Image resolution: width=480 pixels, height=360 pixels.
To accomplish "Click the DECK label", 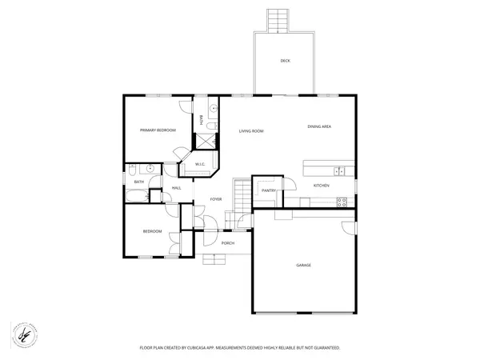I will [285, 62].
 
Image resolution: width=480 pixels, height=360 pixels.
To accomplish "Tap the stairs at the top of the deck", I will [278, 19].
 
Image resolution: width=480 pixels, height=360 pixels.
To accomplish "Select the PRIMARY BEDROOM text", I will [158, 130].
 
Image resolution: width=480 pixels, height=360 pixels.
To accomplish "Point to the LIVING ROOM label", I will [252, 131].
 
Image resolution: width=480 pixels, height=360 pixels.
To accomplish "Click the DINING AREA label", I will [320, 126].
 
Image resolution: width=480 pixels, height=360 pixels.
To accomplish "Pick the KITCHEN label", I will [321, 186].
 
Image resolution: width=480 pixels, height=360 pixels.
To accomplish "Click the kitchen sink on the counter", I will [339, 170].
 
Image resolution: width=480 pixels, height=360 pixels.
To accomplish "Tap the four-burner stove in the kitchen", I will [341, 202].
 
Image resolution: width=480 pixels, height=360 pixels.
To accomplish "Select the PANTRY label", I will [269, 190].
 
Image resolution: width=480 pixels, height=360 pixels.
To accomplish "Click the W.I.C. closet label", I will [201, 165].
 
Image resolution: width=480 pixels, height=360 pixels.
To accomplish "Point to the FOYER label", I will [216, 199].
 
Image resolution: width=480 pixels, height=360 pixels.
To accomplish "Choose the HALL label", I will [176, 188].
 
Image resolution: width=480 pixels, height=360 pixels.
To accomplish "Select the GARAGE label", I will [304, 265].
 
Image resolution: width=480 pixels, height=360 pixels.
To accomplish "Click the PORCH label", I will [227, 243].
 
